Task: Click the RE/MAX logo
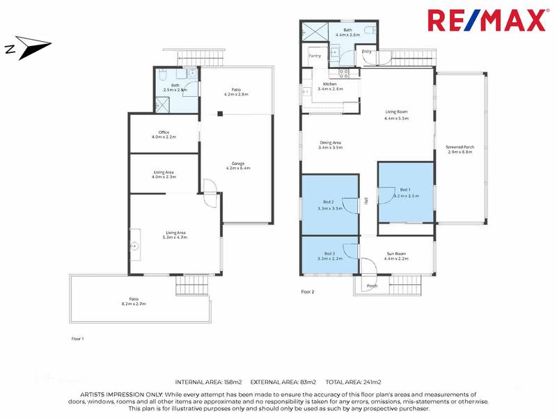(486, 20)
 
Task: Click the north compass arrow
(28, 49)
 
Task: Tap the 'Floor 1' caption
(77, 339)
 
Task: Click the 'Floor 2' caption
(307, 292)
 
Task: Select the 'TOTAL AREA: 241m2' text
(351, 382)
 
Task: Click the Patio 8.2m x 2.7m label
(133, 301)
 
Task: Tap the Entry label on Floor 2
(367, 52)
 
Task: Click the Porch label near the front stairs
(372, 286)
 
